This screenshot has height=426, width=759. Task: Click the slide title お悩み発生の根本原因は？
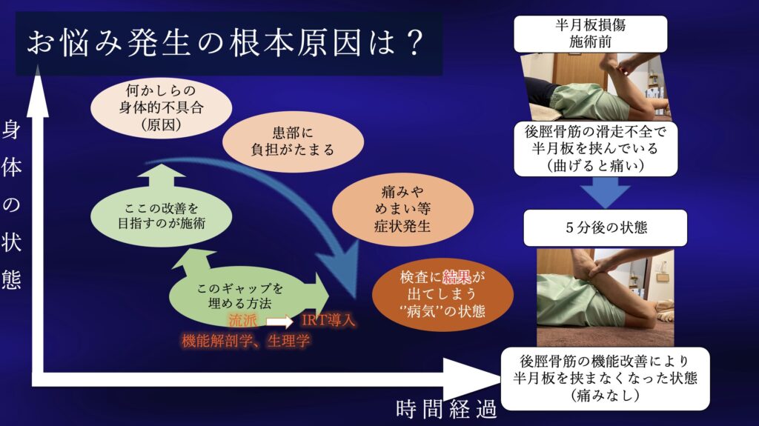point(225,44)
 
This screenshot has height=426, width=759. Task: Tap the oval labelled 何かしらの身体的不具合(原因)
point(161,107)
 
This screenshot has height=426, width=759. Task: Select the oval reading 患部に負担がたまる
point(293,142)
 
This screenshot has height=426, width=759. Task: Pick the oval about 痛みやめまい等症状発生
point(402,209)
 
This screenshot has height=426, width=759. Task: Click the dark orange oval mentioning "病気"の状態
point(443,294)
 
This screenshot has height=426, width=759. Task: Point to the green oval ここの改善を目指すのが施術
point(161,216)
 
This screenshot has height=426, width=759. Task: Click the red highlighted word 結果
point(457,277)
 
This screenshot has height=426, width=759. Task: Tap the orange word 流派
point(243,321)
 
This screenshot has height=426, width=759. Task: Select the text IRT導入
point(328,321)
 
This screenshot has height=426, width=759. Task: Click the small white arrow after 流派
point(279,322)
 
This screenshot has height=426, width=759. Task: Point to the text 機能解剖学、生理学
point(246,341)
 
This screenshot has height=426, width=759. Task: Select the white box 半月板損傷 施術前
point(590,33)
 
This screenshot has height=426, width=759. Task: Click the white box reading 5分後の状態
point(605,227)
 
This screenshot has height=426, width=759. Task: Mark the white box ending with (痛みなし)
point(605,378)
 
